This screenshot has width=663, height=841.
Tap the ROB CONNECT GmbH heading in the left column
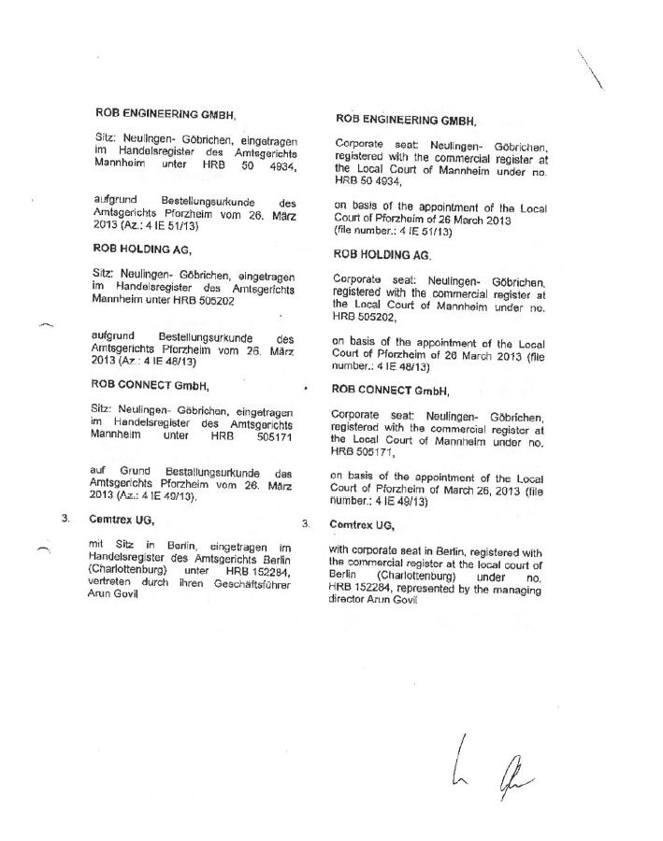(150, 384)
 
